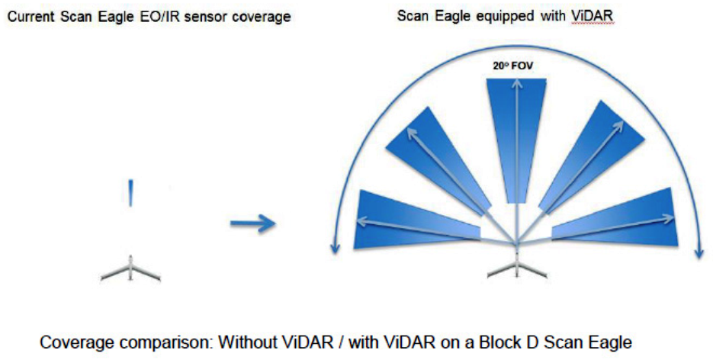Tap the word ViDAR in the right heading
[593, 15]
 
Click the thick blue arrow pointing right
[252, 223]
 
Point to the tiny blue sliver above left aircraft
[132, 193]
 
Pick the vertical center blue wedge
[516, 122]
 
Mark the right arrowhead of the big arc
[699, 252]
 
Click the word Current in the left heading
[29, 16]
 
